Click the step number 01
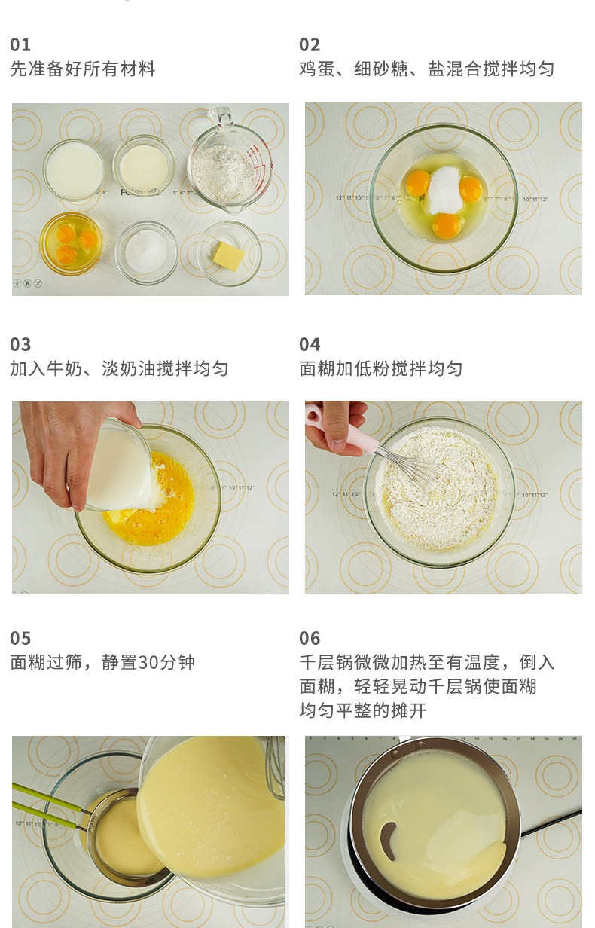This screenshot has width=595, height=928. point(20,44)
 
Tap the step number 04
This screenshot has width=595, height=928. point(310,344)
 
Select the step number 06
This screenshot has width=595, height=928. point(310,638)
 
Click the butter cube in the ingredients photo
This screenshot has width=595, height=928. point(228,256)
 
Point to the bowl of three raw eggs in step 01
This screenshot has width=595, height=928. point(71,243)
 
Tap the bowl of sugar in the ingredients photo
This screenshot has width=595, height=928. point(146,252)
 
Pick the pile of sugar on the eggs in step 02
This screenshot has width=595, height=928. point(444,189)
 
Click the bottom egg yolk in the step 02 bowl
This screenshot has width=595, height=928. point(446,226)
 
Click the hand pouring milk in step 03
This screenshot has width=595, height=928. point(77,450)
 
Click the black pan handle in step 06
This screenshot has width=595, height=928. point(551,821)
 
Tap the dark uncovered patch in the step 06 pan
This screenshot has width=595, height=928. point(388,841)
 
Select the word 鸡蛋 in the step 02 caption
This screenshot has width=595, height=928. point(317,69)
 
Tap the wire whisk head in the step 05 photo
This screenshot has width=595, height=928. point(276,768)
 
